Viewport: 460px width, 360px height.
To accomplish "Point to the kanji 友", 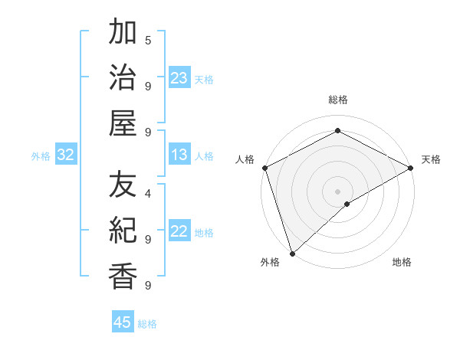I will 123,184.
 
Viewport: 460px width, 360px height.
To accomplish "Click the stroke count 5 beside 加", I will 147,40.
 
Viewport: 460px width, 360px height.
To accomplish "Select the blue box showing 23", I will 179,78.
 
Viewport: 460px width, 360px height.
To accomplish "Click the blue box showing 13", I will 179,155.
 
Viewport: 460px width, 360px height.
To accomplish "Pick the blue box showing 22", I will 179,231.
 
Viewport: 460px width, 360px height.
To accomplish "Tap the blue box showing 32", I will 66,155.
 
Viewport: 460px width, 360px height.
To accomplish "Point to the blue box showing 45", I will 123,322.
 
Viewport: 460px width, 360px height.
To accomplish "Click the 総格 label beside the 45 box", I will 147,324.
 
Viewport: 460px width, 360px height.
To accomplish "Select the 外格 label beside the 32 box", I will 41,156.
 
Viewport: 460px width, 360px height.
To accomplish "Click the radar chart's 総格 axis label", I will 338,100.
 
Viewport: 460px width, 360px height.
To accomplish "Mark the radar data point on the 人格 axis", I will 264,168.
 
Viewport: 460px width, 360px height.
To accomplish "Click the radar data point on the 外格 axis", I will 291,254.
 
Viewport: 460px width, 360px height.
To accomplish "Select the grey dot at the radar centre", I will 338,191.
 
